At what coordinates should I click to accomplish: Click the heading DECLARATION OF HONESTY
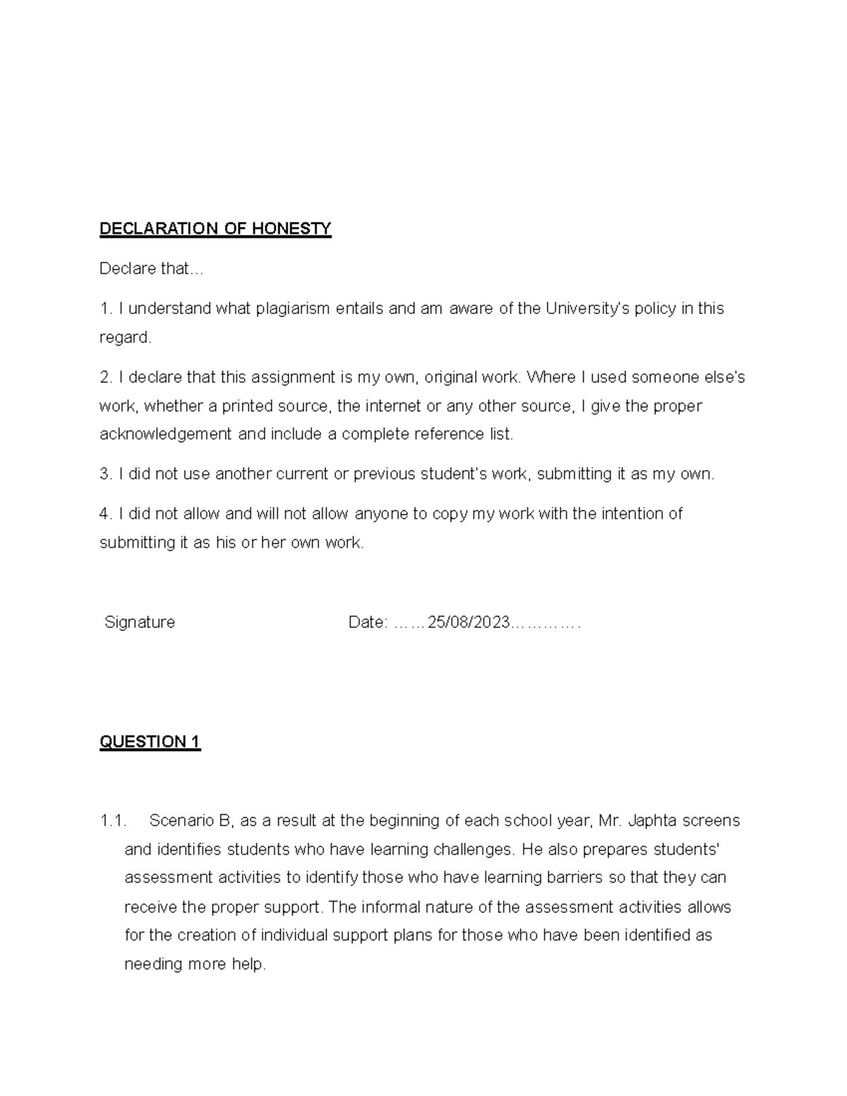(215, 229)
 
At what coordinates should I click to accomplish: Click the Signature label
(140, 622)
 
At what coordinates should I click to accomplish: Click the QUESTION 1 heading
(150, 742)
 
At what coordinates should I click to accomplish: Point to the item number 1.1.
(112, 821)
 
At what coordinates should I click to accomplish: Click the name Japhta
(654, 821)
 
